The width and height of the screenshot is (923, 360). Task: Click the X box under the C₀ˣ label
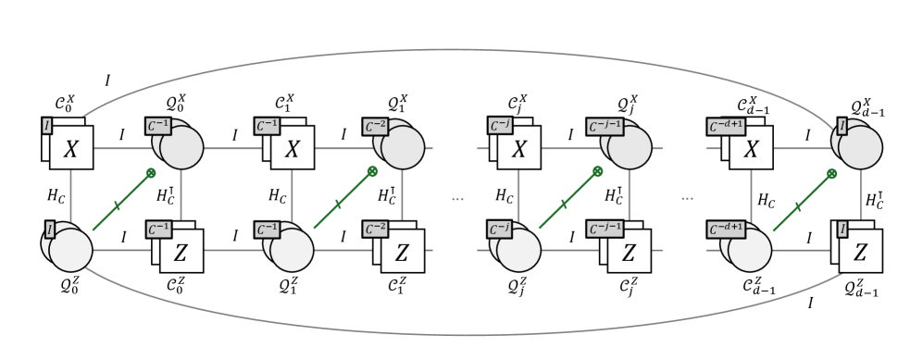click(71, 148)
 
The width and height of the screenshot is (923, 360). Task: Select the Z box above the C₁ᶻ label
click(403, 251)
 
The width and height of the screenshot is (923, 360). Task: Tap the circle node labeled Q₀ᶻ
click(70, 251)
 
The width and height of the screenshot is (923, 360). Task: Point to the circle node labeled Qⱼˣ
click(630, 147)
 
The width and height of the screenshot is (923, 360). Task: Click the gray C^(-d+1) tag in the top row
click(726, 127)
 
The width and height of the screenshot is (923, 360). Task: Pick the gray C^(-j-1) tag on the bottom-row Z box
click(605, 229)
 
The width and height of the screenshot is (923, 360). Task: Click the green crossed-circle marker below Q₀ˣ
click(151, 172)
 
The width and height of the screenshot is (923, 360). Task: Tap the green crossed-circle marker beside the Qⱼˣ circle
click(597, 171)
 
